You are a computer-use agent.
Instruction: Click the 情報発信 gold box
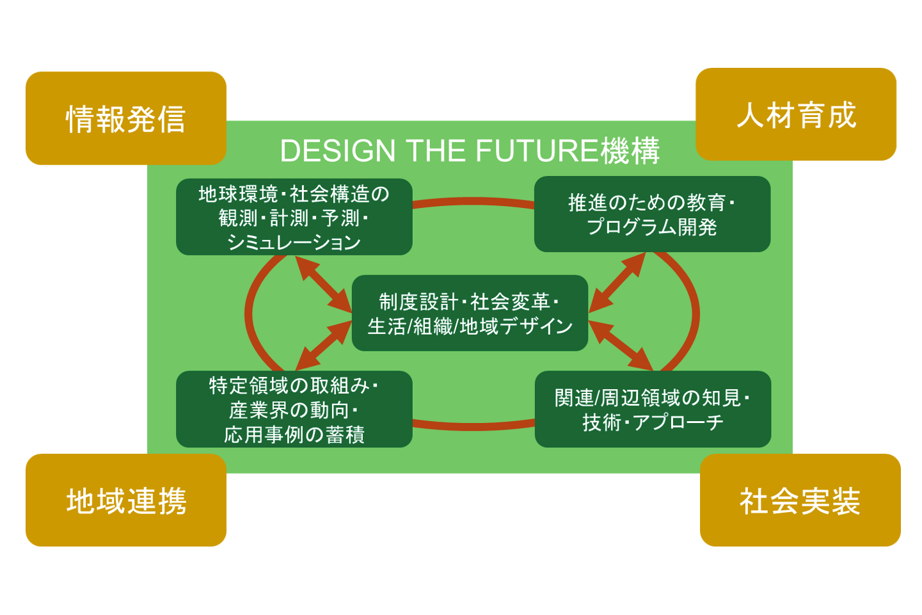(x=126, y=118)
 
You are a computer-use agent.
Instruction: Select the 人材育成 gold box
(x=796, y=114)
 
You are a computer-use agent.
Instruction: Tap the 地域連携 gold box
(x=126, y=500)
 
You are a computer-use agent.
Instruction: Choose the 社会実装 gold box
(x=800, y=500)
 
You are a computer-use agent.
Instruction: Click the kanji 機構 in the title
(x=630, y=150)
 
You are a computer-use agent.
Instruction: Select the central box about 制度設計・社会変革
(x=470, y=313)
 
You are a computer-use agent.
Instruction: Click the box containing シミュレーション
(x=294, y=217)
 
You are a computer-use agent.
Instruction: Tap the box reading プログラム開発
(x=653, y=214)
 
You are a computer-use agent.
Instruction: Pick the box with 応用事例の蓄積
(x=294, y=409)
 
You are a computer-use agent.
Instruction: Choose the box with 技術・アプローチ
(x=653, y=409)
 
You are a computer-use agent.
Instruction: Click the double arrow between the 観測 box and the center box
(x=324, y=284)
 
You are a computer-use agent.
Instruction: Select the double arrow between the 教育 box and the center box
(x=617, y=283)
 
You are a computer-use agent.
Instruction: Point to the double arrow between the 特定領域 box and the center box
(x=324, y=346)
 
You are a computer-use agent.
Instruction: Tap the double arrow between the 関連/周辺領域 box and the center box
(x=621, y=346)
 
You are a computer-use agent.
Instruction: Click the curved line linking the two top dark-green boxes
(x=473, y=202)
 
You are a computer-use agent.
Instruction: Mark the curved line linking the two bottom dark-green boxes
(x=473, y=426)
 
